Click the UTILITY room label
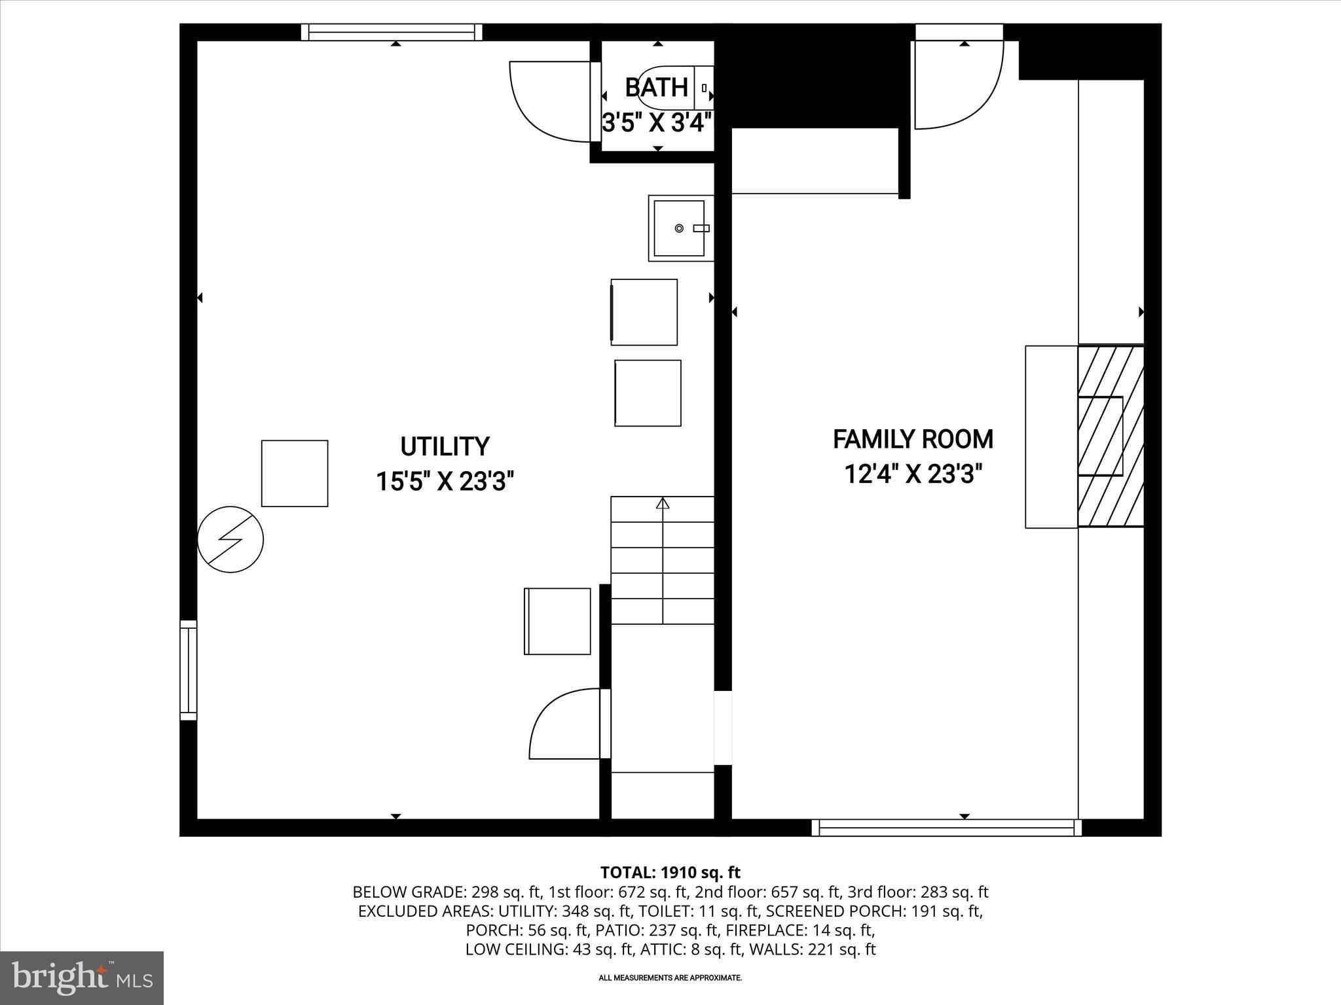click(445, 447)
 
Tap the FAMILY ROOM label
click(913, 439)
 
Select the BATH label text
click(656, 88)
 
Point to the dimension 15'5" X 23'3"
click(445, 482)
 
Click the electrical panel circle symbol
click(230, 540)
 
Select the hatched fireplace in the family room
click(1111, 436)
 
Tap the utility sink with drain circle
click(680, 228)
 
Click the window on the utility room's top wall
click(392, 32)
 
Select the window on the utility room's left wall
click(188, 670)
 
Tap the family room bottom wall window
click(946, 828)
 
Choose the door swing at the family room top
click(958, 85)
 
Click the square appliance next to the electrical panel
click(295, 473)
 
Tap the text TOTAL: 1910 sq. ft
click(670, 872)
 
